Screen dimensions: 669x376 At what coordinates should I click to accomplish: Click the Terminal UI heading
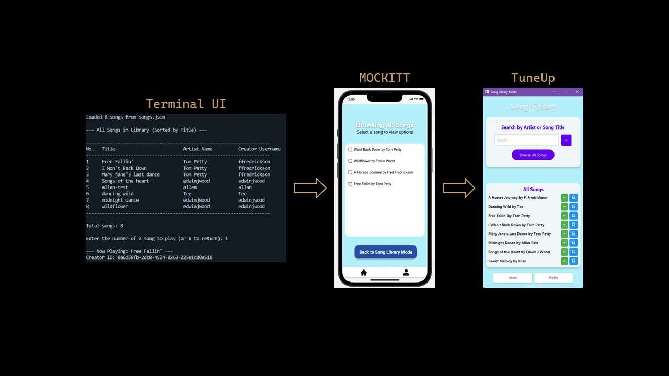click(186, 103)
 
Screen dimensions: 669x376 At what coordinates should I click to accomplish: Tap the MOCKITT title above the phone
click(385, 78)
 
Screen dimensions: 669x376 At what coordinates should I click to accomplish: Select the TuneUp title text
click(533, 78)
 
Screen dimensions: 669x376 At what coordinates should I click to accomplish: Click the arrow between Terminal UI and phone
click(310, 188)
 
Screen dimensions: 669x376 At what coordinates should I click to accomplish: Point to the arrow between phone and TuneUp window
click(459, 188)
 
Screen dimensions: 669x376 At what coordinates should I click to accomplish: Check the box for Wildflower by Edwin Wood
click(351, 161)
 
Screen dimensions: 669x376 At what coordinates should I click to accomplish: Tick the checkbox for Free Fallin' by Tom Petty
click(351, 184)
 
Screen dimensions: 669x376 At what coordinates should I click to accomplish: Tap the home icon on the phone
click(364, 272)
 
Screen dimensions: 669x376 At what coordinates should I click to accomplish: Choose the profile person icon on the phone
click(406, 272)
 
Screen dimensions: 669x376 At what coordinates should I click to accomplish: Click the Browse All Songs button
click(533, 155)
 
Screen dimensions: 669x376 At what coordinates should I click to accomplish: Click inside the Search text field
click(526, 140)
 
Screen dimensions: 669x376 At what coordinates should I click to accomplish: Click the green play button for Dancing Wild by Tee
click(564, 207)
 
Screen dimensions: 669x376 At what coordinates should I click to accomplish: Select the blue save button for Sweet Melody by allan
click(573, 261)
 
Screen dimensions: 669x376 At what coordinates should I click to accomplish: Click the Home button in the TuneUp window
click(512, 278)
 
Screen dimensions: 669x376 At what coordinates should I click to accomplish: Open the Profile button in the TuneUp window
click(553, 278)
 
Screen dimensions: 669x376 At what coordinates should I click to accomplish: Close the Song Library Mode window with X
click(577, 92)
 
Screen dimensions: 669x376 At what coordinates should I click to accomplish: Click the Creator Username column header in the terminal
click(259, 149)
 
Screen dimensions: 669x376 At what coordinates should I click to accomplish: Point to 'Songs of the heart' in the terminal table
click(125, 181)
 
